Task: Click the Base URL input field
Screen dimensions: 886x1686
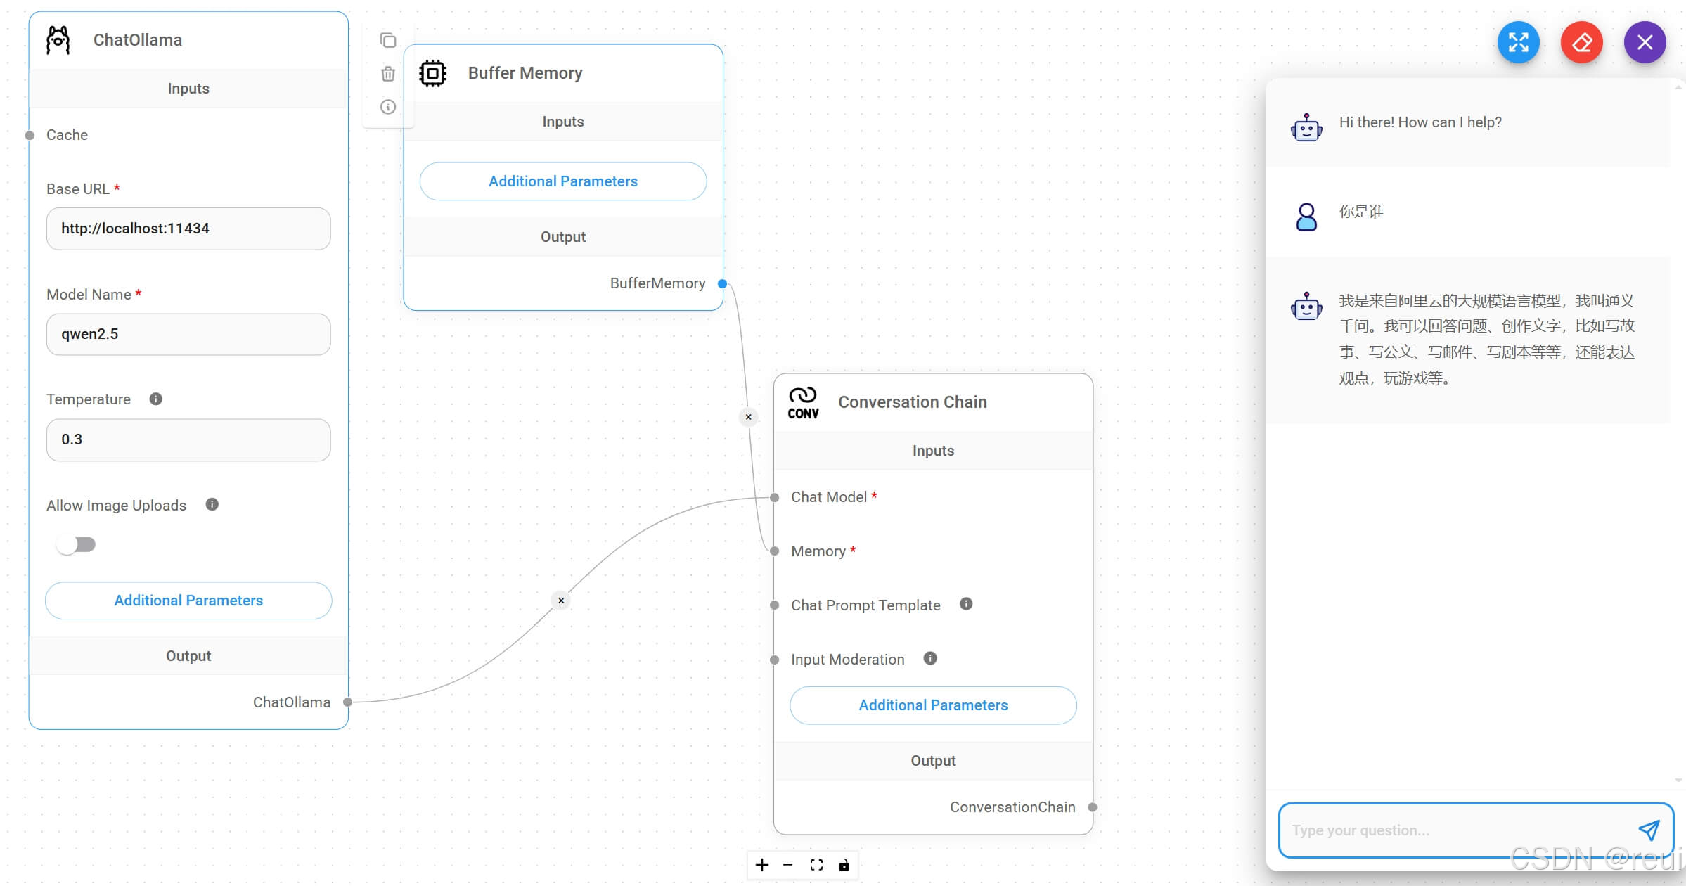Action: click(x=188, y=229)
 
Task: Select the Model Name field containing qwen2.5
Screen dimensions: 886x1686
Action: click(x=188, y=334)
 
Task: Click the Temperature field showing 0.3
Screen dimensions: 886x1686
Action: click(x=188, y=439)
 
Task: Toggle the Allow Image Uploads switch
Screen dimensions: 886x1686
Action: click(x=77, y=544)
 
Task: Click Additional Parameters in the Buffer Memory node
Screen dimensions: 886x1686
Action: click(x=562, y=181)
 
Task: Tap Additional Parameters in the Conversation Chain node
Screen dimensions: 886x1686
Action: click(x=932, y=705)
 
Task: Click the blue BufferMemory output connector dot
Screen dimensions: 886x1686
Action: click(x=722, y=284)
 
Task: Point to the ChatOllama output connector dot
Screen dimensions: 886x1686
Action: click(x=347, y=702)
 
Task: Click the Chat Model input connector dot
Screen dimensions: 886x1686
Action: click(x=774, y=498)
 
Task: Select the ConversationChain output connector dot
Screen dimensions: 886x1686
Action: click(x=1092, y=807)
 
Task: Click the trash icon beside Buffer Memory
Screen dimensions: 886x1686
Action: click(x=388, y=74)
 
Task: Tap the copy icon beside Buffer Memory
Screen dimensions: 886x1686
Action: click(x=388, y=40)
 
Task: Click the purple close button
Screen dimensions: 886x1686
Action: click(x=1645, y=42)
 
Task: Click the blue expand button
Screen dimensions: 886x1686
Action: click(x=1518, y=42)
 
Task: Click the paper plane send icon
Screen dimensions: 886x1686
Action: click(x=1649, y=830)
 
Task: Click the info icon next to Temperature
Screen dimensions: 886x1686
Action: click(x=156, y=399)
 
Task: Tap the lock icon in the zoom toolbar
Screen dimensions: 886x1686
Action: click(x=844, y=865)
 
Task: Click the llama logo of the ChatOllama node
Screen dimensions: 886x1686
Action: click(x=58, y=40)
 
